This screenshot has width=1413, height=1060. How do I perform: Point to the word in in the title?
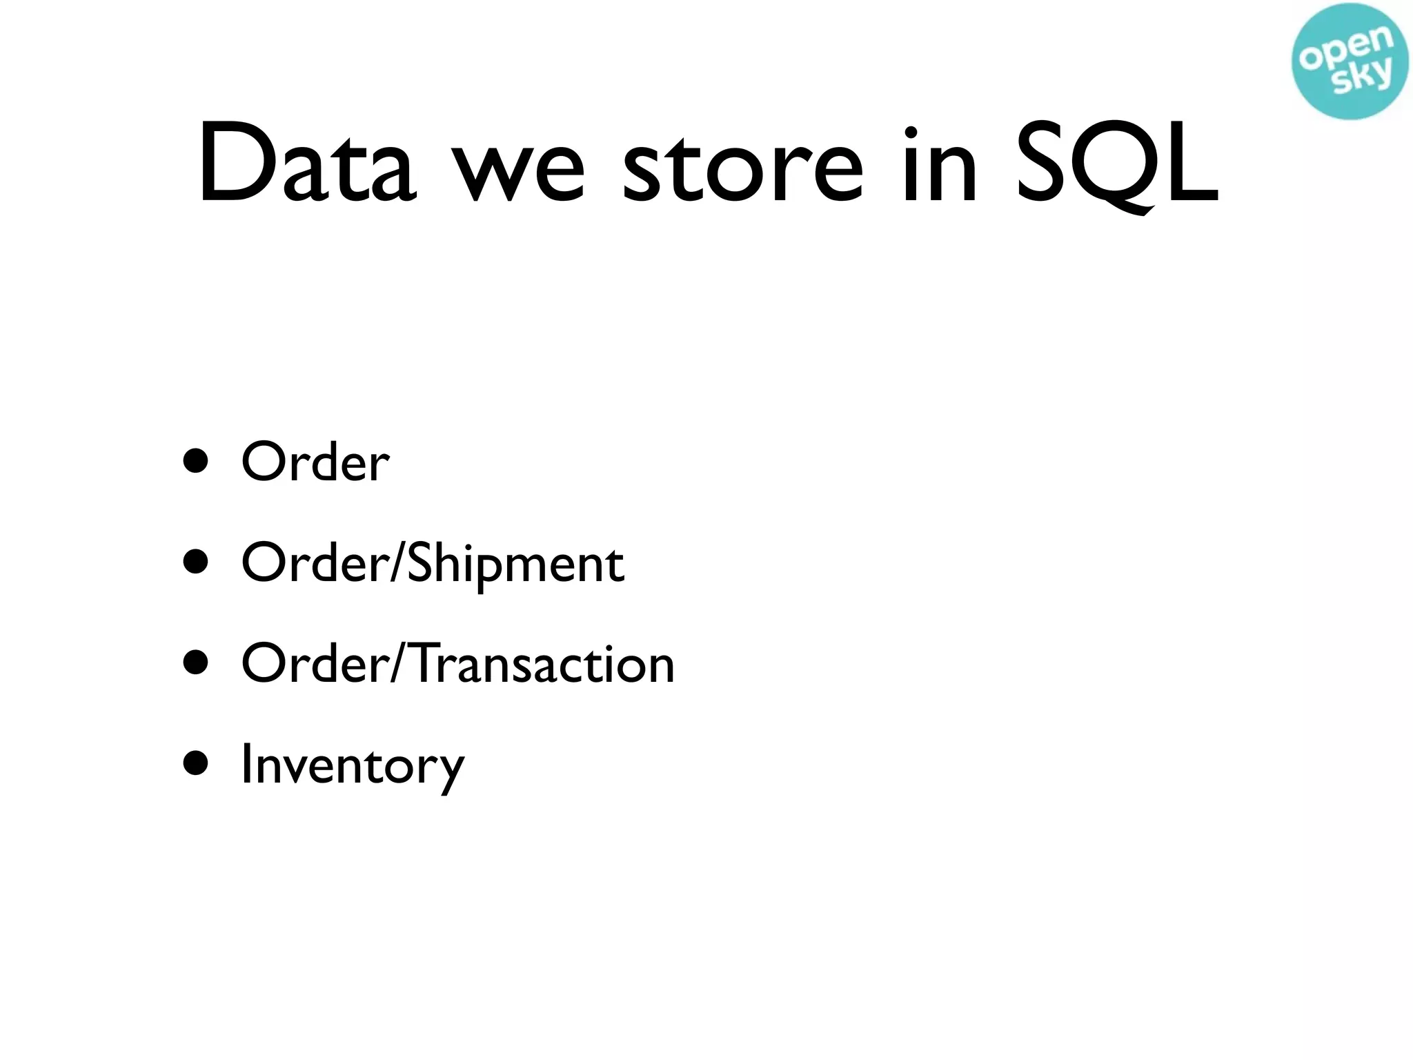pyautogui.click(x=939, y=166)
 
